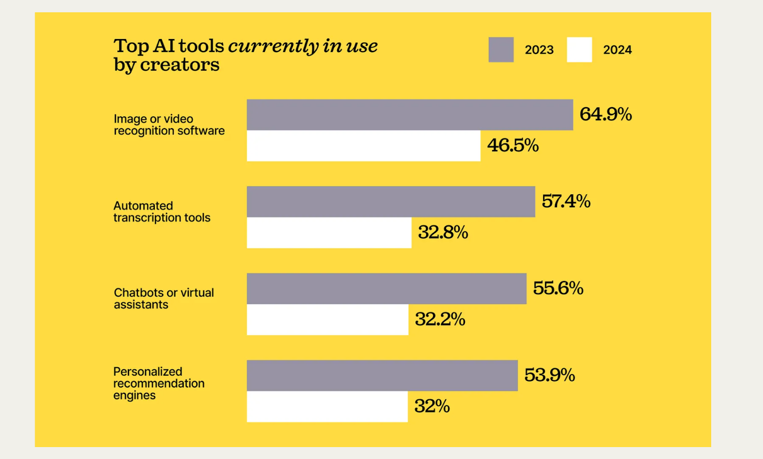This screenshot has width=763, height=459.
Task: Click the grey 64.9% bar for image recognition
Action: point(410,115)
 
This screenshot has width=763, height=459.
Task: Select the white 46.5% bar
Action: point(363,146)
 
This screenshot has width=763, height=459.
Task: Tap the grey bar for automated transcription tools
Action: point(391,202)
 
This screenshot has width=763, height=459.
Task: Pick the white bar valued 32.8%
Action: point(329,233)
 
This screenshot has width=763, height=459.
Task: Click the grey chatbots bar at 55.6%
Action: point(386,288)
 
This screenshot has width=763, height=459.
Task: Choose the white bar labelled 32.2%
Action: point(328,319)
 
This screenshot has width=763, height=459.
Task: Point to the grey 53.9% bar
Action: point(382,376)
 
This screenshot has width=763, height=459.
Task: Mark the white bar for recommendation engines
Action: point(327,407)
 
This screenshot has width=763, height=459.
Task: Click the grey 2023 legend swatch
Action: point(501,50)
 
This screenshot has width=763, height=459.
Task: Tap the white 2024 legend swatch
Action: point(579,50)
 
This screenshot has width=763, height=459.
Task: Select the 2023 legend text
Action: point(539,50)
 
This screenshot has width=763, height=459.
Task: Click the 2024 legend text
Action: point(617,50)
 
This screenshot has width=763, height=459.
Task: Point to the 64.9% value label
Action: point(605,114)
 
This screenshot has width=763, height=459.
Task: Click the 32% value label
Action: point(432,407)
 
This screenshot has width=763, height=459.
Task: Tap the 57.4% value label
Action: point(566,202)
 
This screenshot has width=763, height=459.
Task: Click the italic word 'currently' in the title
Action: point(273,46)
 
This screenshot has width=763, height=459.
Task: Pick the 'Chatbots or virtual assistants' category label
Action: point(164,298)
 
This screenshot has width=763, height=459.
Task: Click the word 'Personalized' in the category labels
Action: point(148,371)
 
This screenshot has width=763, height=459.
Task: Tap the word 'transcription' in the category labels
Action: point(147,218)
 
